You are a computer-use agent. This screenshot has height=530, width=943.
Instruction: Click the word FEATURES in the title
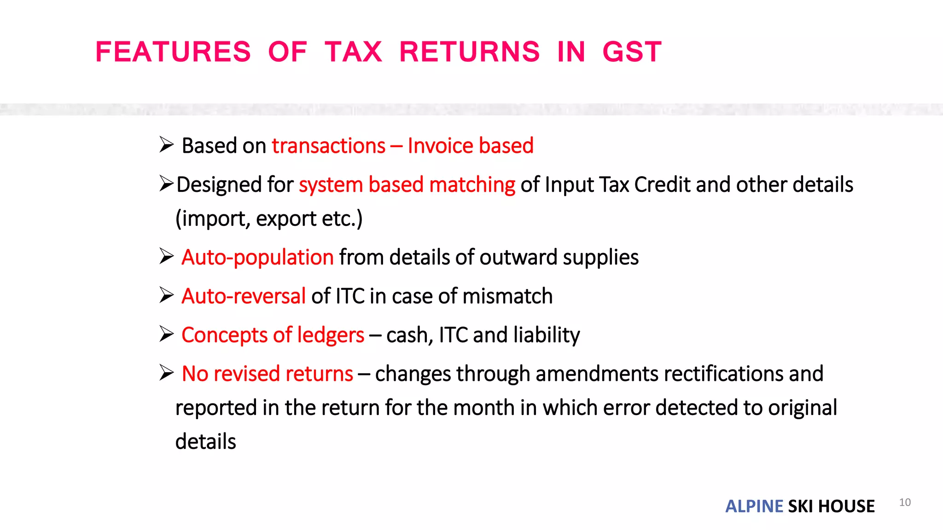coord(173,52)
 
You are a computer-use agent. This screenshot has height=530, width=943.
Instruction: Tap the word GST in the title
coord(632,52)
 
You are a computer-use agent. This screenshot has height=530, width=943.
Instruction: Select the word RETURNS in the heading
coord(469,52)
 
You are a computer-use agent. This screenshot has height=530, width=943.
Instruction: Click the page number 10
coord(905,502)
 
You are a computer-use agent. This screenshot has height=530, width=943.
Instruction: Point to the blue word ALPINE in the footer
coord(754,506)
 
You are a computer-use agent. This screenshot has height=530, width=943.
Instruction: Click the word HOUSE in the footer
coord(846,506)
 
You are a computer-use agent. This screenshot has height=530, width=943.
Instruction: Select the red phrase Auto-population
coord(257,257)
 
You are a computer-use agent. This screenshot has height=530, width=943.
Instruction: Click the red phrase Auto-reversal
coord(244,296)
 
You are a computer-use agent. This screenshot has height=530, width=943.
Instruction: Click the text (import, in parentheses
coord(213,219)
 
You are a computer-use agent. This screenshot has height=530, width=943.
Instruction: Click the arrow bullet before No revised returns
coord(166,372)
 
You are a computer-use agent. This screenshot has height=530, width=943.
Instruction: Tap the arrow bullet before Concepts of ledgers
coord(166,334)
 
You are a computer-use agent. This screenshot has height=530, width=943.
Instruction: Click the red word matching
coord(472,184)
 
